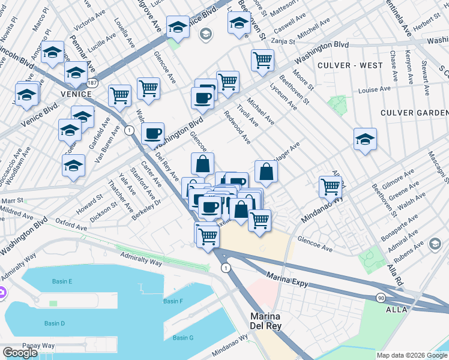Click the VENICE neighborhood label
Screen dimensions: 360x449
click(76, 94)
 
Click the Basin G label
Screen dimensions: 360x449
click(183, 338)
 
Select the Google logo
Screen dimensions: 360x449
click(20, 353)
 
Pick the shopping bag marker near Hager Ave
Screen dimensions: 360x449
click(266, 171)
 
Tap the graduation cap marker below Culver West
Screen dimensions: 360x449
click(365, 140)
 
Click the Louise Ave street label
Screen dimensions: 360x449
click(376, 90)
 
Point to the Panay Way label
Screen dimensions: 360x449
click(38, 346)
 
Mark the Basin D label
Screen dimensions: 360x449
click(55, 323)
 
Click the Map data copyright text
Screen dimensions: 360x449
click(411, 355)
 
